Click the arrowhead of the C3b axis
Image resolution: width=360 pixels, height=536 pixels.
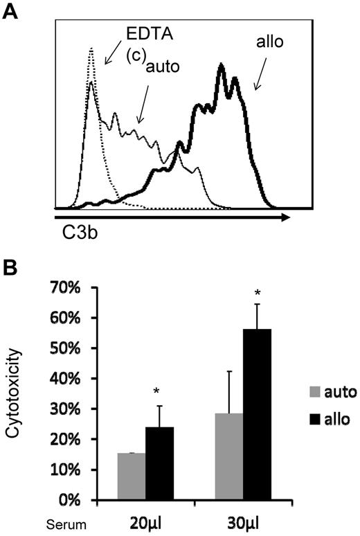click(x=284, y=217)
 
